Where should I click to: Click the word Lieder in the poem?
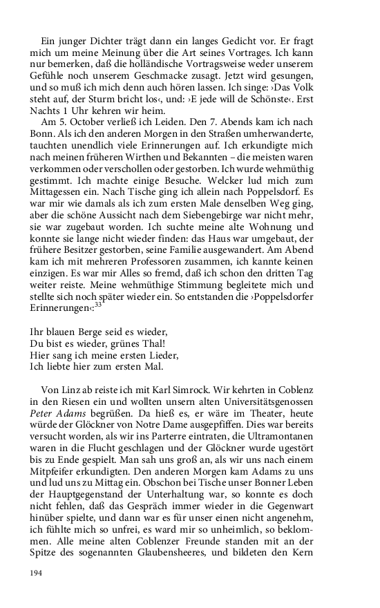(162, 355)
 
